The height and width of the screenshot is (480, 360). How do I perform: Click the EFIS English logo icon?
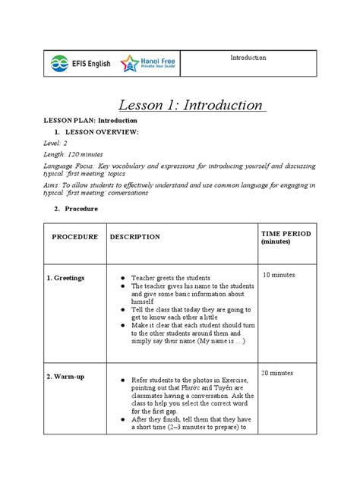point(58,64)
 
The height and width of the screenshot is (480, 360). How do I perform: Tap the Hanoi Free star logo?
point(129,64)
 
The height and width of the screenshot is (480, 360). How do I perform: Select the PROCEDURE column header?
point(74,237)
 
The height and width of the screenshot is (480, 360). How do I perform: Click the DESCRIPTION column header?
point(134,237)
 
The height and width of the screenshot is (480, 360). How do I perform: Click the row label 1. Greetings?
point(65,279)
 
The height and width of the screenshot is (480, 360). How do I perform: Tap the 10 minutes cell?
point(279,274)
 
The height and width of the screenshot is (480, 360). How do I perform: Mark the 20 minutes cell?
point(279,373)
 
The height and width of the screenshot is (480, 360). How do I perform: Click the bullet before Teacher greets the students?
point(123,279)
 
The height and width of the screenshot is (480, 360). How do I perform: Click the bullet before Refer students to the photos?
point(123,377)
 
